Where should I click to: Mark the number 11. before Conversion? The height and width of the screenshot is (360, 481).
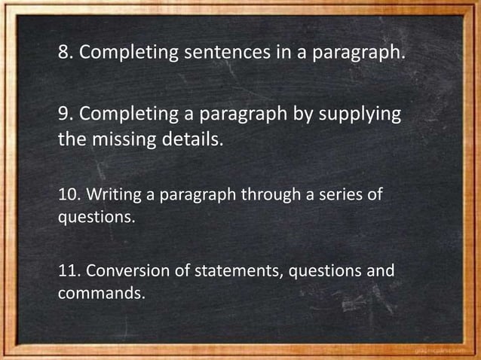(x=69, y=270)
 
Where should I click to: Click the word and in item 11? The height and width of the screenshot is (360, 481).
(x=380, y=270)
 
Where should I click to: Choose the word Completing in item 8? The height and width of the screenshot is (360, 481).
(x=130, y=54)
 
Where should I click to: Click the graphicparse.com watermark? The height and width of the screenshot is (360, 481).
(x=444, y=349)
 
